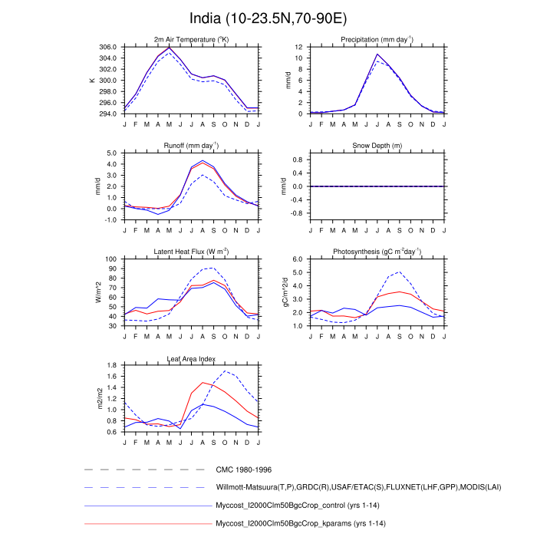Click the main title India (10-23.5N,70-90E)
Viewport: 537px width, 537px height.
[268, 18]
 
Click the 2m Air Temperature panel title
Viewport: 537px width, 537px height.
[191, 39]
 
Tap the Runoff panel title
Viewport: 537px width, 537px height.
[191, 145]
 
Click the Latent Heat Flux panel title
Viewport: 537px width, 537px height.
[191, 252]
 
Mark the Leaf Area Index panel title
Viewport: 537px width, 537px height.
[191, 358]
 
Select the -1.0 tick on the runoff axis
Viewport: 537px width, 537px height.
[110, 219]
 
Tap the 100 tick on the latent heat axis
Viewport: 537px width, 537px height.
[111, 259]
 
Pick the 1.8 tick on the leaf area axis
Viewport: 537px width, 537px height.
[111, 366]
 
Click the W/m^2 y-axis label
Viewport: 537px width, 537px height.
[97, 292]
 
